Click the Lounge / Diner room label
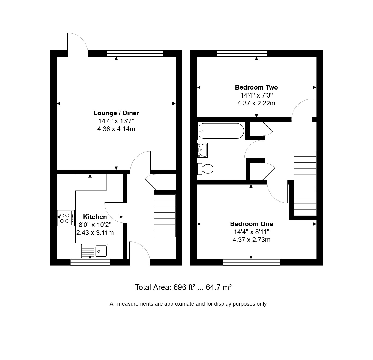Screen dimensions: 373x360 [116, 113]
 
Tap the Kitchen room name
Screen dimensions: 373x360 [95, 217]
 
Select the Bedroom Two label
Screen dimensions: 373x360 [256, 87]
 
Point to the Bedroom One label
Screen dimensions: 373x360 [252, 224]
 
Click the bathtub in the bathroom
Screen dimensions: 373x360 [221, 131]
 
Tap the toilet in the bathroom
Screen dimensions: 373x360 [205, 169]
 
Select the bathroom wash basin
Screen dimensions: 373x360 [202, 150]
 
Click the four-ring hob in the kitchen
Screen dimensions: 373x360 [66, 218]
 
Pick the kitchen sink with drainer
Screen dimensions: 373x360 [94, 251]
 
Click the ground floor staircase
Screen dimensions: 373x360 [165, 216]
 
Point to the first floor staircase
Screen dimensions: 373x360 [305, 183]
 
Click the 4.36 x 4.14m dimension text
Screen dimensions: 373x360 [116, 129]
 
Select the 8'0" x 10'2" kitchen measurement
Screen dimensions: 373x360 [95, 225]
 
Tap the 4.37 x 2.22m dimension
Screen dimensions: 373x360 [256, 103]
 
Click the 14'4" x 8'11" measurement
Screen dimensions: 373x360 [252, 232]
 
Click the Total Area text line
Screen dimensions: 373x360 [183, 287]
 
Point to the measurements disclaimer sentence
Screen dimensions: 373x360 [188, 304]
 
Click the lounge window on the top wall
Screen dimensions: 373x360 [135, 54]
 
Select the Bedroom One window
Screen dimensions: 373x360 [252, 262]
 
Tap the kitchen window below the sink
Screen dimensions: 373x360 [90, 262]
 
